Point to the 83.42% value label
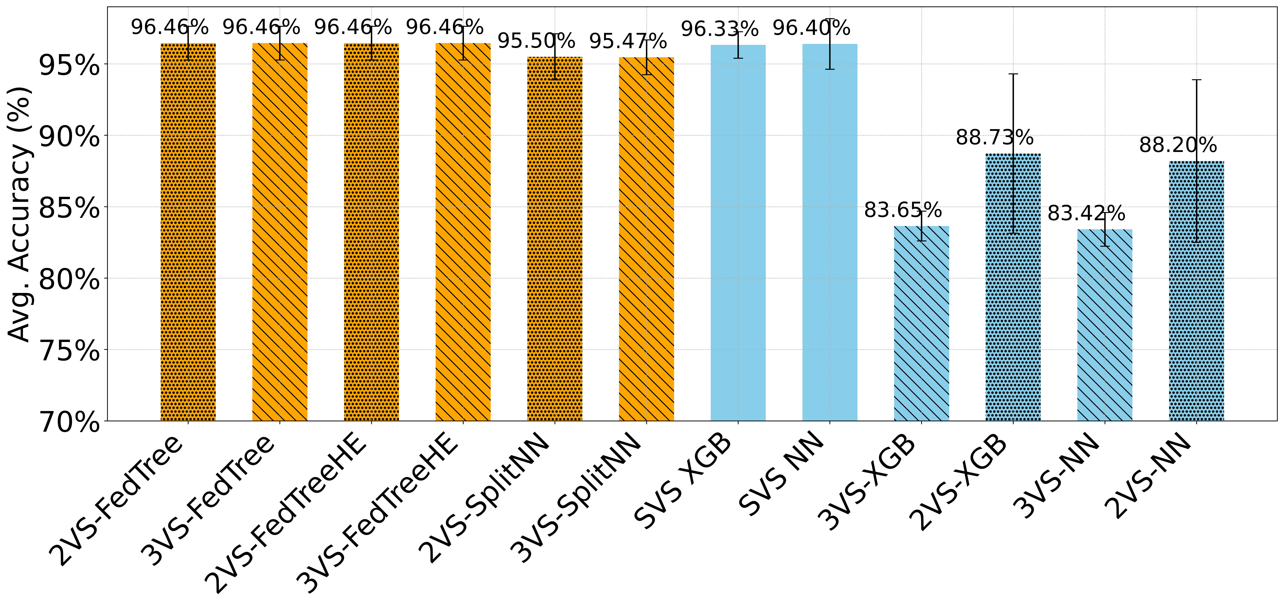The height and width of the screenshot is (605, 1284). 1086,214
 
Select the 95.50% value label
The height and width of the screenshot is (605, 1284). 536,41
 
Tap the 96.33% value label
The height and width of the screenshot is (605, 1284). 720,29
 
